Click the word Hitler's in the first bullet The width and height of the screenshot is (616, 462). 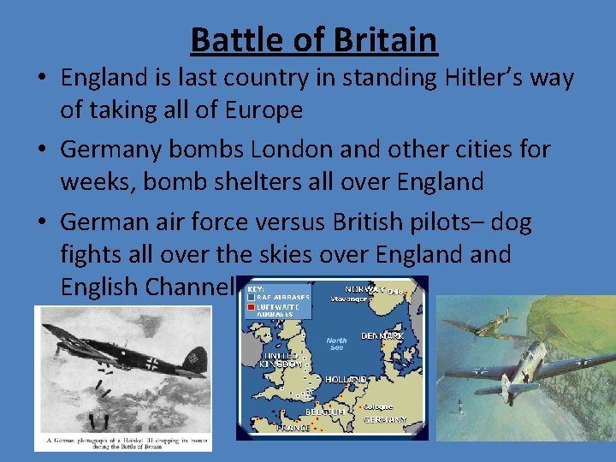[x=441, y=79]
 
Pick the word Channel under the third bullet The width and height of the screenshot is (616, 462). [x=190, y=286]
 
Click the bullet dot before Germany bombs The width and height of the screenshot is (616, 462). [x=42, y=151]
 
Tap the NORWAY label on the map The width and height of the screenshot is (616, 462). [x=364, y=290]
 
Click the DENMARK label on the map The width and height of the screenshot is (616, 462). [x=382, y=336]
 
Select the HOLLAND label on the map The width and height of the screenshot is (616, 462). [x=346, y=379]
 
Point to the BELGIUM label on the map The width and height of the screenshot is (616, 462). [x=325, y=412]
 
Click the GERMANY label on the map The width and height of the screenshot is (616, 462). [x=385, y=421]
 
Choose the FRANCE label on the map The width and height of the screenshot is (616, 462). [x=293, y=426]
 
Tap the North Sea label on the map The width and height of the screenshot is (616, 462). [x=336, y=343]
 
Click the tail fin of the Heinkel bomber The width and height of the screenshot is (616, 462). [x=197, y=357]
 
